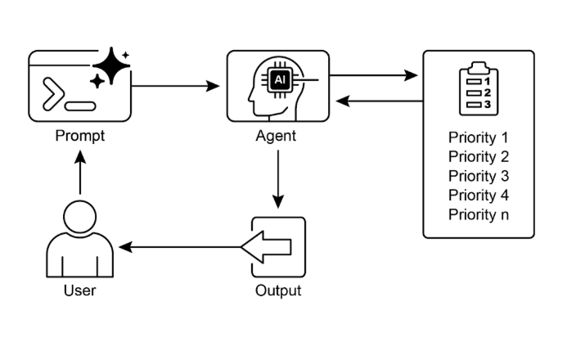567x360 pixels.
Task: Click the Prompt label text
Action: tap(80, 137)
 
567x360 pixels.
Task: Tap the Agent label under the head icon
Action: tap(276, 137)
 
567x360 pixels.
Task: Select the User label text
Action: tap(80, 290)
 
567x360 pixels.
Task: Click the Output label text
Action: tap(278, 290)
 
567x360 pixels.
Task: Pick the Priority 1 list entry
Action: tap(479, 137)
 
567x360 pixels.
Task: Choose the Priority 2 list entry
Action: tap(479, 157)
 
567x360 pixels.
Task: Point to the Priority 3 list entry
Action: tap(479, 177)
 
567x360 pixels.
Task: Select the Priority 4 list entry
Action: tap(479, 196)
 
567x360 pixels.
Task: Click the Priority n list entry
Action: tap(479, 215)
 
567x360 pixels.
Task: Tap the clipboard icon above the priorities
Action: tap(479, 89)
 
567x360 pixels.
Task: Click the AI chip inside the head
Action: tap(280, 80)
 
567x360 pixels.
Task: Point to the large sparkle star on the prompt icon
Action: tap(111, 65)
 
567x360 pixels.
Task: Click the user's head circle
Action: tap(80, 217)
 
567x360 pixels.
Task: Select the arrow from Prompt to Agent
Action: tap(175, 86)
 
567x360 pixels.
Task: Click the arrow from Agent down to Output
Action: tap(278, 179)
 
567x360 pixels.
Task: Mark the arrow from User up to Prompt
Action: tap(80, 173)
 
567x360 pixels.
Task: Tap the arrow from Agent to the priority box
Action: tap(374, 75)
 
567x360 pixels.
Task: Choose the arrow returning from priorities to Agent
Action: tap(380, 101)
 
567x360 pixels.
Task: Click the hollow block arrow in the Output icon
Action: tap(266, 247)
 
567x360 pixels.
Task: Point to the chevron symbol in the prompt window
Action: tap(53, 93)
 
